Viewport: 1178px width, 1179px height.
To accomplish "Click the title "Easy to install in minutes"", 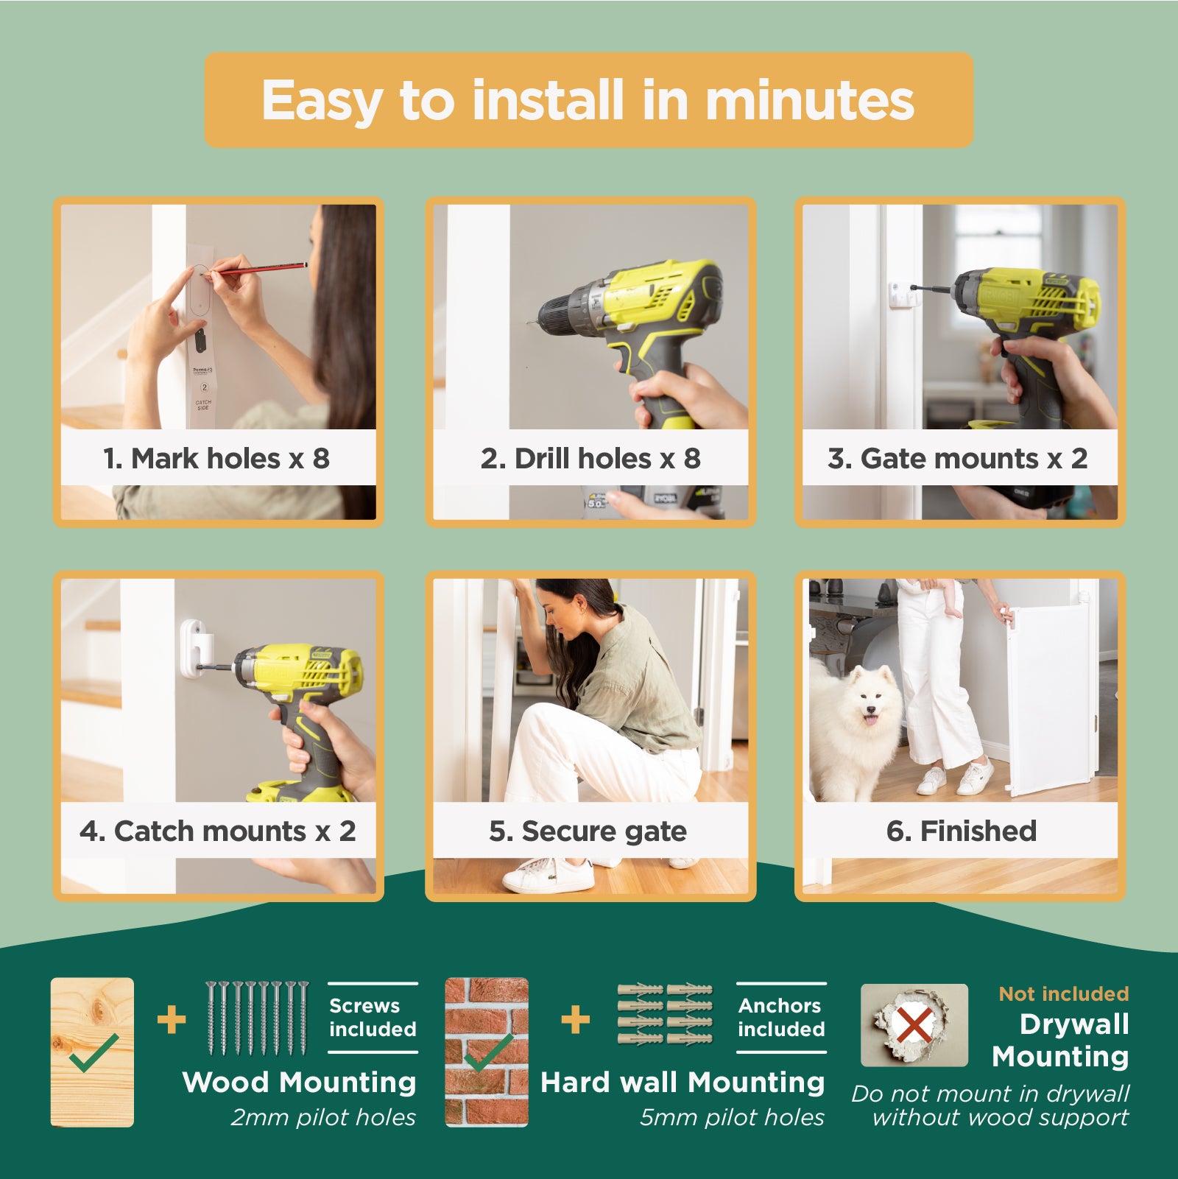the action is pyautogui.click(x=588, y=101).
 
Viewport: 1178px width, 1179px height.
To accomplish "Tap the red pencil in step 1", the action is pyautogui.click(x=257, y=269).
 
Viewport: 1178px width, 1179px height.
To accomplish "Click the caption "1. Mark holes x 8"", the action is pyautogui.click(x=216, y=458).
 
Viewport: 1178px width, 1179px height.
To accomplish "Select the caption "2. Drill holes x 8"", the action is pyautogui.click(x=590, y=458).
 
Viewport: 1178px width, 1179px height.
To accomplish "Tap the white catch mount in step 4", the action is pyautogui.click(x=196, y=647).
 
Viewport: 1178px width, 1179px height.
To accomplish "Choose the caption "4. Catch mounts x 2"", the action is pyautogui.click(x=218, y=831).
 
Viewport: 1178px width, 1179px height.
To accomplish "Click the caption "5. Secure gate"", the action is pyautogui.click(x=588, y=831).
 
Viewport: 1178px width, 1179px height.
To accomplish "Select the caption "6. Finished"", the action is pyautogui.click(x=962, y=831).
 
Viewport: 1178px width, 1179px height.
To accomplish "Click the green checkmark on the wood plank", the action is pyautogui.click(x=93, y=1052).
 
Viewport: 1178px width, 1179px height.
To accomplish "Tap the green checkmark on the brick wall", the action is pyautogui.click(x=488, y=1052).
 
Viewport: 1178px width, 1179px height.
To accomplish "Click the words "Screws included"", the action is pyautogui.click(x=373, y=1017).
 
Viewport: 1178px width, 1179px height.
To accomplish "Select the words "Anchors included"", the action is pyautogui.click(x=781, y=1017).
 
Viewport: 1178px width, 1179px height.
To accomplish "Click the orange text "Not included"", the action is pyautogui.click(x=1064, y=993).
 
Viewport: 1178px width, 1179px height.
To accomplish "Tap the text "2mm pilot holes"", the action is pyautogui.click(x=323, y=1117).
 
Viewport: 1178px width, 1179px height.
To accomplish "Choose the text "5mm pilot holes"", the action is pyautogui.click(x=732, y=1117).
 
